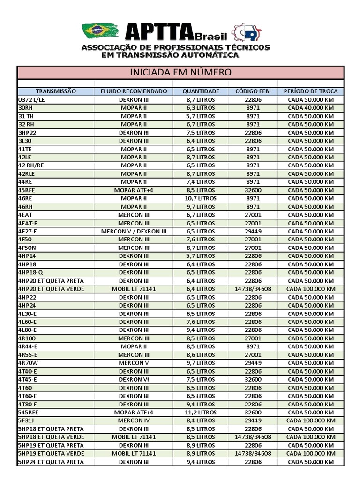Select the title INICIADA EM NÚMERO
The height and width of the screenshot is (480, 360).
pos(180,72)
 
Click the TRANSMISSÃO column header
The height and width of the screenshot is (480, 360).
pos(56,91)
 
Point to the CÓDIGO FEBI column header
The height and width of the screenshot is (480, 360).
pos(253,91)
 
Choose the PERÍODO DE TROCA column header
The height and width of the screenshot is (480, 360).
pos(311,91)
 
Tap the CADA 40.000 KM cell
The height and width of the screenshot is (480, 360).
pos(311,108)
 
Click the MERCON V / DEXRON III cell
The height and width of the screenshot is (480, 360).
pos(134,232)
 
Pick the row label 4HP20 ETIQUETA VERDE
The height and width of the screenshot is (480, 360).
pos(51,289)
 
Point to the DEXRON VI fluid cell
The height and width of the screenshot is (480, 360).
pos(134,380)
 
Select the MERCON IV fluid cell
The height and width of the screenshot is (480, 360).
pos(134,421)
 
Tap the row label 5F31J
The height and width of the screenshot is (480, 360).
pos(26,421)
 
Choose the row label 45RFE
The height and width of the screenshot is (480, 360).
pos(28,190)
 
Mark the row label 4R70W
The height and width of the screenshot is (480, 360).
pos(28,363)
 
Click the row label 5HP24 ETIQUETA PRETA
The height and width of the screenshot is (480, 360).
pos(51,462)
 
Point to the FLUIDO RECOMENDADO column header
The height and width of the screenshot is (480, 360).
pos(134,91)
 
